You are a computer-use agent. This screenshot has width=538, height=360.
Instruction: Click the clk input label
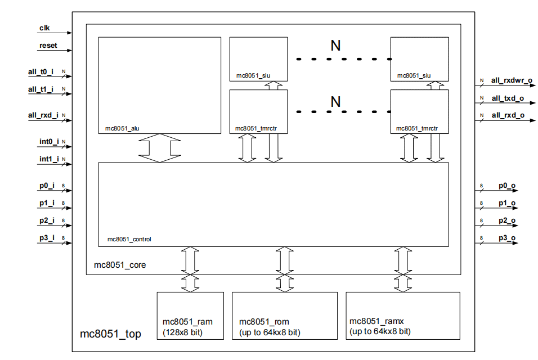click(44, 27)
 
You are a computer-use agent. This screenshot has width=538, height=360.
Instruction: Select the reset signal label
click(48, 45)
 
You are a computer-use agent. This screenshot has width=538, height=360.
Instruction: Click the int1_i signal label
click(49, 159)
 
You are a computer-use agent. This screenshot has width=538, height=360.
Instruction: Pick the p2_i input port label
click(47, 220)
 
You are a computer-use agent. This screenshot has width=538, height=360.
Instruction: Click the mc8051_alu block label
click(122, 128)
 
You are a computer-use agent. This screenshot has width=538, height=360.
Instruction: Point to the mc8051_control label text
click(129, 239)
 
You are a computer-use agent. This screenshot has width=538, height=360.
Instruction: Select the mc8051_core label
click(119, 264)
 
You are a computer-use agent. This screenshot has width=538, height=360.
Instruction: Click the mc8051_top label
click(110, 334)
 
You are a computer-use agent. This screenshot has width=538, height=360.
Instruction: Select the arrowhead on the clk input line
click(69, 33)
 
